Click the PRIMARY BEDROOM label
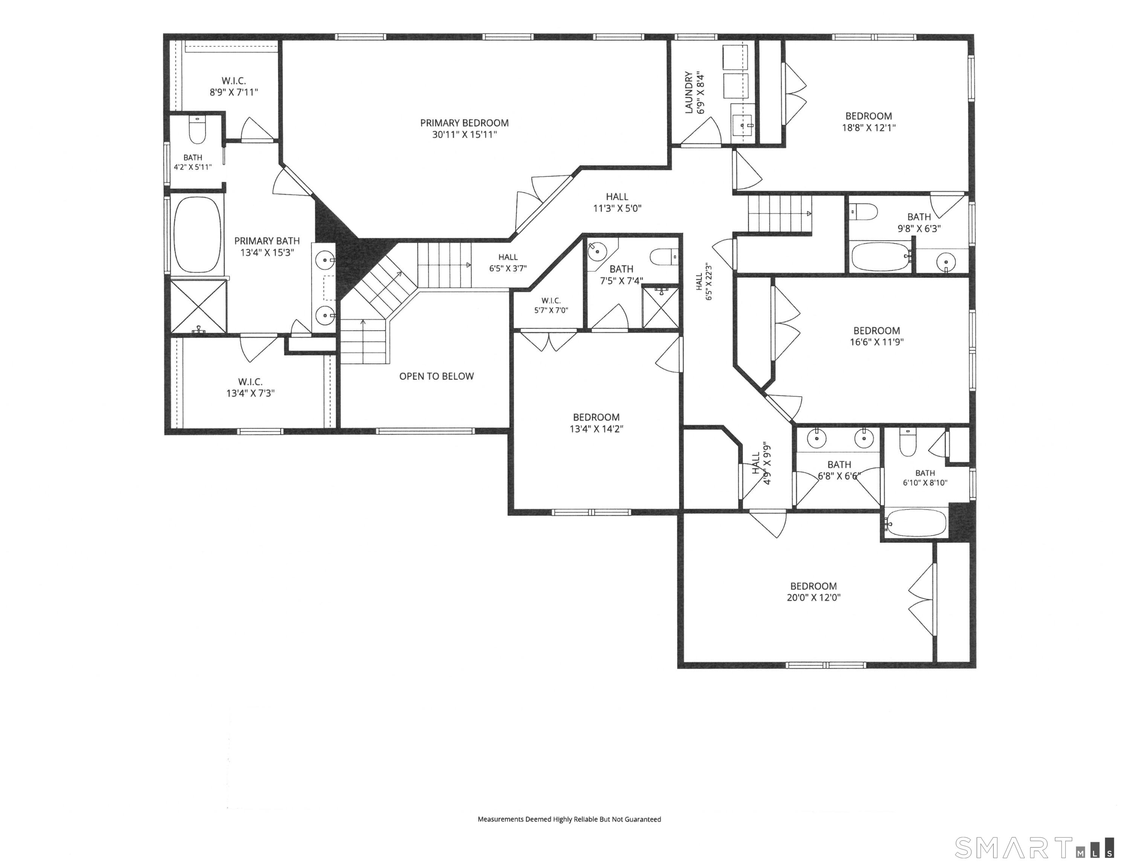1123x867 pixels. (464, 128)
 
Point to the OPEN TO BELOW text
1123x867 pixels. (436, 376)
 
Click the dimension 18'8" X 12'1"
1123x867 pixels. (868, 128)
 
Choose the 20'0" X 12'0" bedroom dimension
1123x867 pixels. (813, 598)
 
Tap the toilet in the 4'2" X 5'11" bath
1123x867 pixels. (197, 131)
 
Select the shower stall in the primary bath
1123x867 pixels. (198, 307)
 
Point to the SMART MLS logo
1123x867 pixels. (1034, 847)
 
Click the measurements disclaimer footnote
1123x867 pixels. (569, 819)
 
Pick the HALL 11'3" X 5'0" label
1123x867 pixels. (617, 202)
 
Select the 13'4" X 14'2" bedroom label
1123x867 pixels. (597, 423)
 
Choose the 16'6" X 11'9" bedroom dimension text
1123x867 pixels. (877, 342)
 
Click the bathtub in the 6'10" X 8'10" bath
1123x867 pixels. (916, 523)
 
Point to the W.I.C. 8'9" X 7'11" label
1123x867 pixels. (234, 86)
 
